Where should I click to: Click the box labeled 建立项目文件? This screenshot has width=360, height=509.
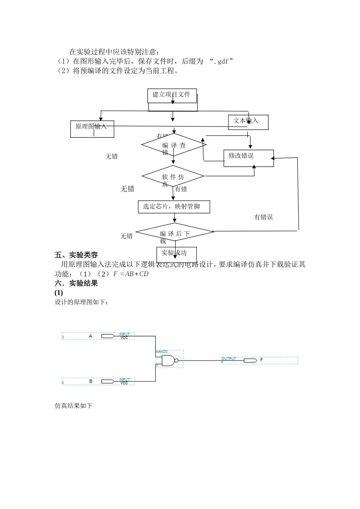click(172, 95)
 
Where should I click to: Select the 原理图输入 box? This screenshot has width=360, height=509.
click(92, 129)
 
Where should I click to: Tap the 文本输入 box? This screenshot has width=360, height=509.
click(248, 122)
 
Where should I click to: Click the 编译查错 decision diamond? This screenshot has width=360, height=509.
click(174, 145)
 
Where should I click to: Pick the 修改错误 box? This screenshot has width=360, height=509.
click(248, 158)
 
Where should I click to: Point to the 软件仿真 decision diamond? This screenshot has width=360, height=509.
click(173, 176)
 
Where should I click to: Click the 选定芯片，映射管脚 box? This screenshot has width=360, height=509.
click(174, 207)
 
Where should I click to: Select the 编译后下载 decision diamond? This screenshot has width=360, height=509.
click(175, 232)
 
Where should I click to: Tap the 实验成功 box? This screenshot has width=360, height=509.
click(176, 254)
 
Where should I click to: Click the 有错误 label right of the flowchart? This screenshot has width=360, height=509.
click(263, 217)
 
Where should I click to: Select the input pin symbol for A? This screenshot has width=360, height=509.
click(108, 336)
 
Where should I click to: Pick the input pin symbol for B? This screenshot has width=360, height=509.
click(108, 381)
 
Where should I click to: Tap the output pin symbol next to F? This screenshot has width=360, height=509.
click(250, 360)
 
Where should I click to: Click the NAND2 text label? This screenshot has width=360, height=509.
click(162, 352)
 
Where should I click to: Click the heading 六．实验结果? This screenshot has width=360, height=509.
click(76, 283)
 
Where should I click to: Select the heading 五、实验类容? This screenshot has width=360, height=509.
click(76, 255)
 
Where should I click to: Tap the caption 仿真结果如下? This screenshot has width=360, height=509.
click(74, 406)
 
